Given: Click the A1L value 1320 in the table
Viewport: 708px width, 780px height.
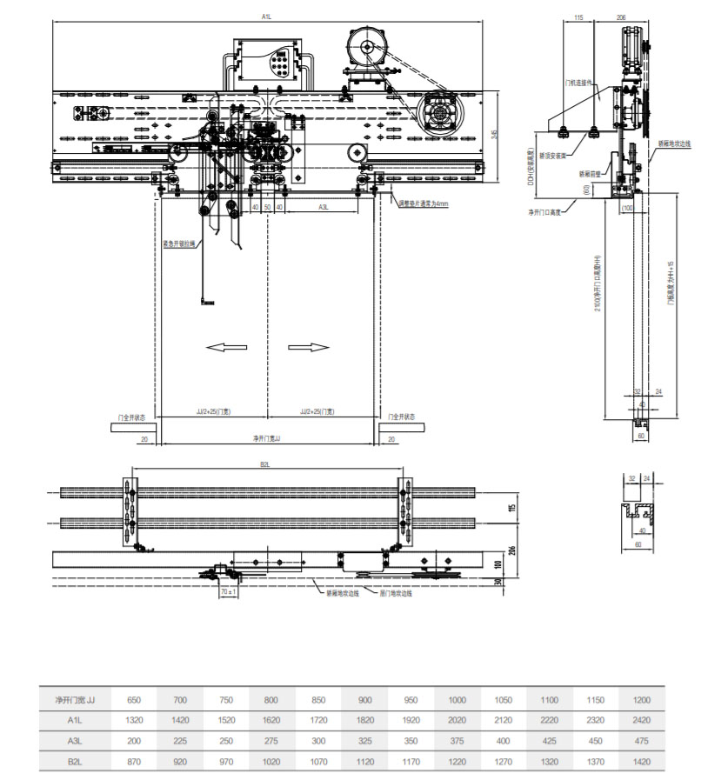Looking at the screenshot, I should click(x=134, y=720).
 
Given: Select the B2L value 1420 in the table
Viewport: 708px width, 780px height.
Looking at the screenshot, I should click(x=642, y=761).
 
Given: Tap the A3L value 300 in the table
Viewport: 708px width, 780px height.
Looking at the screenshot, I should click(x=319, y=741).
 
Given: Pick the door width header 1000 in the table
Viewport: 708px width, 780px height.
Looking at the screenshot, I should click(x=458, y=699).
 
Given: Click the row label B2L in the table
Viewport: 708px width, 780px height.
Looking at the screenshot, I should click(x=75, y=761).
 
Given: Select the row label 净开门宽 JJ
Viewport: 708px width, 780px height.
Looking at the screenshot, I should click(x=75, y=699).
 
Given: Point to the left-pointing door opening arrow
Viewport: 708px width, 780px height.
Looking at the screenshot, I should click(x=225, y=348).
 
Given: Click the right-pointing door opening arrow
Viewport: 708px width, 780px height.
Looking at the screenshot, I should click(x=309, y=348).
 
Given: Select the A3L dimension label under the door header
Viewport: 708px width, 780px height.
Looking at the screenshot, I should click(x=323, y=207).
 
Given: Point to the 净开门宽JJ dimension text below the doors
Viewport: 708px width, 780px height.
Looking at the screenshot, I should click(x=266, y=439).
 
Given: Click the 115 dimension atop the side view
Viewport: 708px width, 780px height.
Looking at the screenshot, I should click(x=578, y=17).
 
